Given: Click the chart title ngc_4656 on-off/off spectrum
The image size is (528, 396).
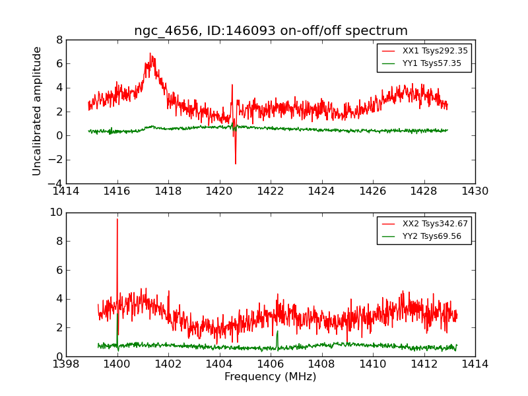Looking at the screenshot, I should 271,31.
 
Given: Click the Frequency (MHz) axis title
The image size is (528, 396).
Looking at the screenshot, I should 271,377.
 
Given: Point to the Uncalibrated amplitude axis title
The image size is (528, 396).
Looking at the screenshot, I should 38,111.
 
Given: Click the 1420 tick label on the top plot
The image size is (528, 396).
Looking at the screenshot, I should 219,191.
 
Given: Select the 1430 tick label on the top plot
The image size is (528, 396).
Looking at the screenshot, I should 475,191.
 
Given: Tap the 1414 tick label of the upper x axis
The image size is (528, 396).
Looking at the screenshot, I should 66,191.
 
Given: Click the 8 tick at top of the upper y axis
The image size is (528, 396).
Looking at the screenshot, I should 59,40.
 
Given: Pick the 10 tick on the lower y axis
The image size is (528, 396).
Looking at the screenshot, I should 55,213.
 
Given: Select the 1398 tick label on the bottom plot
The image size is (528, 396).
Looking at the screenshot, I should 66,364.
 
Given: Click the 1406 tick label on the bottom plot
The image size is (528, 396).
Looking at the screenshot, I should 270,364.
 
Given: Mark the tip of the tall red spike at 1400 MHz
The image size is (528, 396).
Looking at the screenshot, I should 117,219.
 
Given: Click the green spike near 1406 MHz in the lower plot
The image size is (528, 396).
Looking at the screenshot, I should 277,331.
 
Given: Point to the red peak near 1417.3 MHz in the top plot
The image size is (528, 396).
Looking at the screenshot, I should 150,54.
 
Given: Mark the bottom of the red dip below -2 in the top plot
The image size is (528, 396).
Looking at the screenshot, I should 236,164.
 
